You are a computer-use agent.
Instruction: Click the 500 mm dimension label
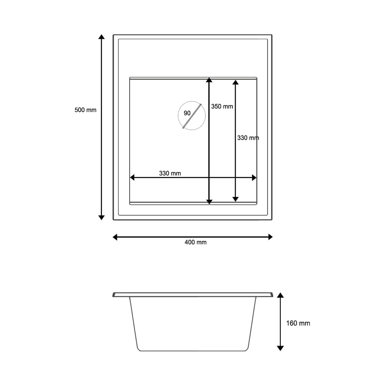pos(85,110)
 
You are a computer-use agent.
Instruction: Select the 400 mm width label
pos(196,242)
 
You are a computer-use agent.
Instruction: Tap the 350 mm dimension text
pos(222,106)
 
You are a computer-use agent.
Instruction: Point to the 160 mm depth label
pos(298,323)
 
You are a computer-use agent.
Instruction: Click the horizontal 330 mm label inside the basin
pos(170,173)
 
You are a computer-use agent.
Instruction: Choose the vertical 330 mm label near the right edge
pos(248,138)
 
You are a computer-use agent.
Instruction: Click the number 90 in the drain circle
pos(187,113)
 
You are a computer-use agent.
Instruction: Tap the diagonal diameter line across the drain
pos(192,116)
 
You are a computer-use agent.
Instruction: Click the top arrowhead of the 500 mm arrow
pos(102,36)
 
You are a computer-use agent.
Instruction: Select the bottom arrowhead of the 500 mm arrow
pos(102,218)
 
